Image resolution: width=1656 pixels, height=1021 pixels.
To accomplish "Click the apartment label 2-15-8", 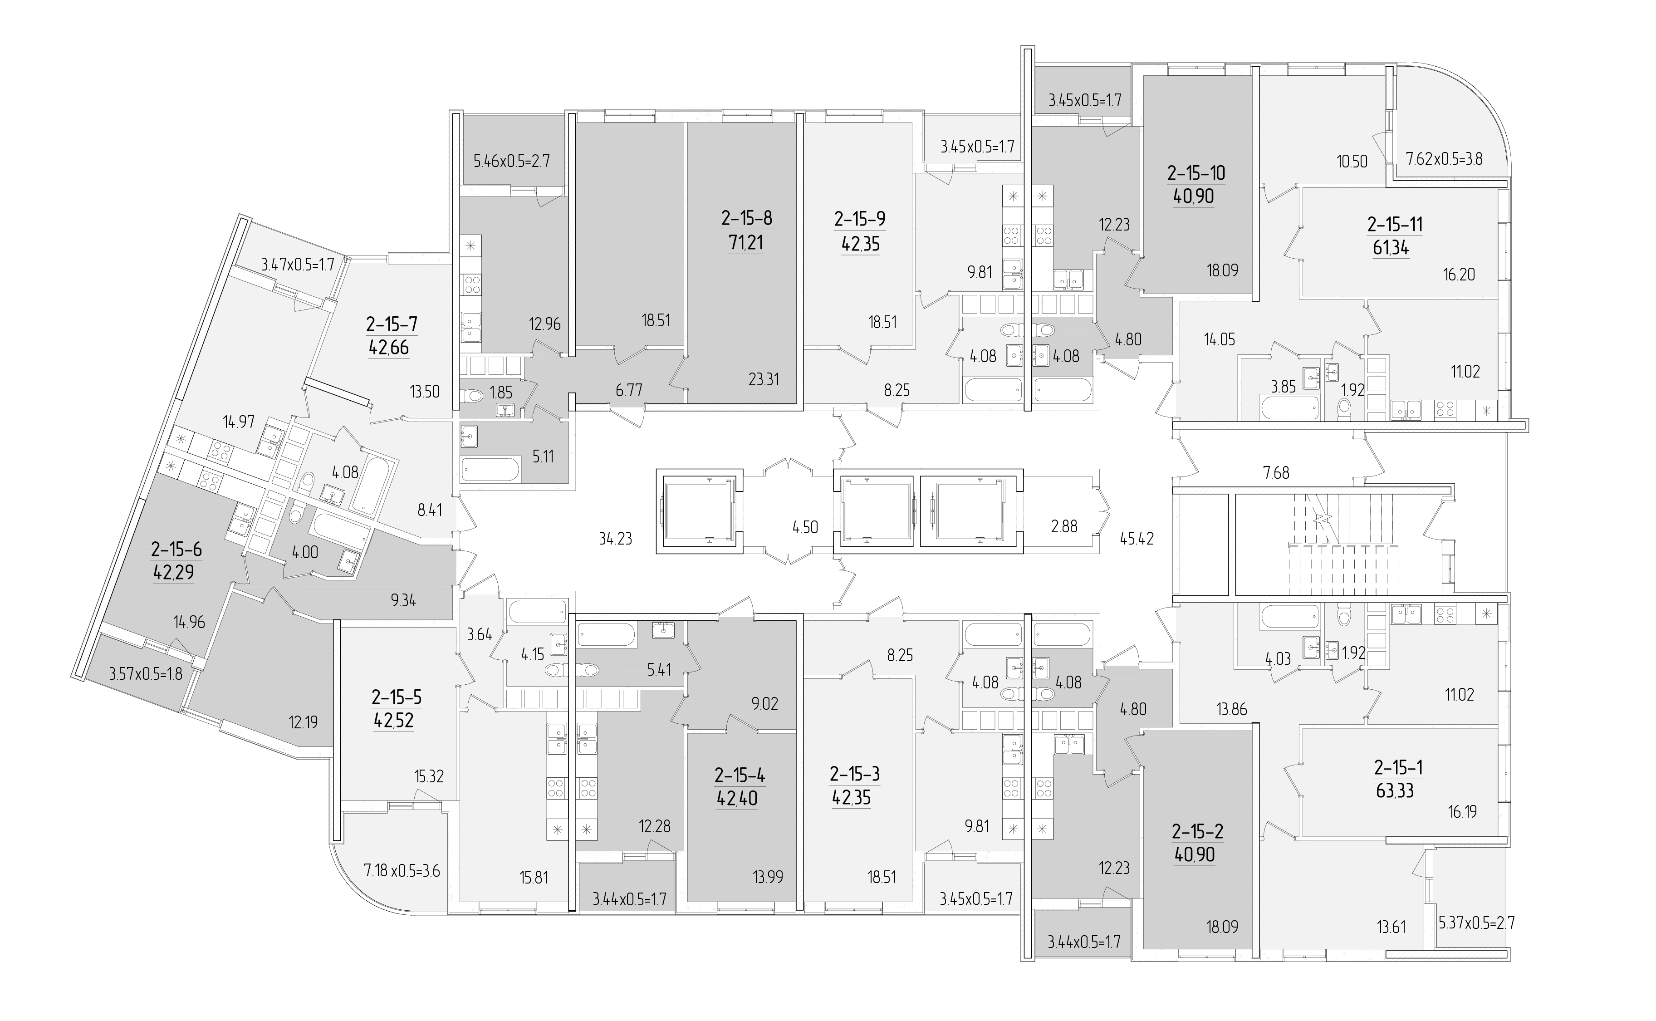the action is pos(747,218).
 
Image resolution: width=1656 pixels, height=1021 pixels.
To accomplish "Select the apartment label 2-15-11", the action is pos(1395,224).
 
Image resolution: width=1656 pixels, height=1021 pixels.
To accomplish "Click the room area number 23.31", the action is pos(764,379).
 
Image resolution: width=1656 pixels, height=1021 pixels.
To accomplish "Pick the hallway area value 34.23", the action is pos(615,538).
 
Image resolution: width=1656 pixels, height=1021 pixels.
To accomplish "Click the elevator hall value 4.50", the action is pos(805,527).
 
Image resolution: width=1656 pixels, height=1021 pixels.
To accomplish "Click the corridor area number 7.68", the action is pos(1276,473).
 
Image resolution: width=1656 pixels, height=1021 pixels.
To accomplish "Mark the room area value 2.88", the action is pos(1064,527).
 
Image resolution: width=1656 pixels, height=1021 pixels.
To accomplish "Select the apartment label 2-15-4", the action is pos(740,775).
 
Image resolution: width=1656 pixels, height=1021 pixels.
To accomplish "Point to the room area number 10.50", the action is pos(1352,162).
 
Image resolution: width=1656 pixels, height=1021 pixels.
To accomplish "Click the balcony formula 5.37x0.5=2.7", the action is pos(1476,923).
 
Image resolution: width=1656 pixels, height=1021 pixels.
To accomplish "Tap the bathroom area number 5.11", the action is pos(543,457).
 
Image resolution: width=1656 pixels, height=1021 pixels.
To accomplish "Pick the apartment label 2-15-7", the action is pos(392,324).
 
